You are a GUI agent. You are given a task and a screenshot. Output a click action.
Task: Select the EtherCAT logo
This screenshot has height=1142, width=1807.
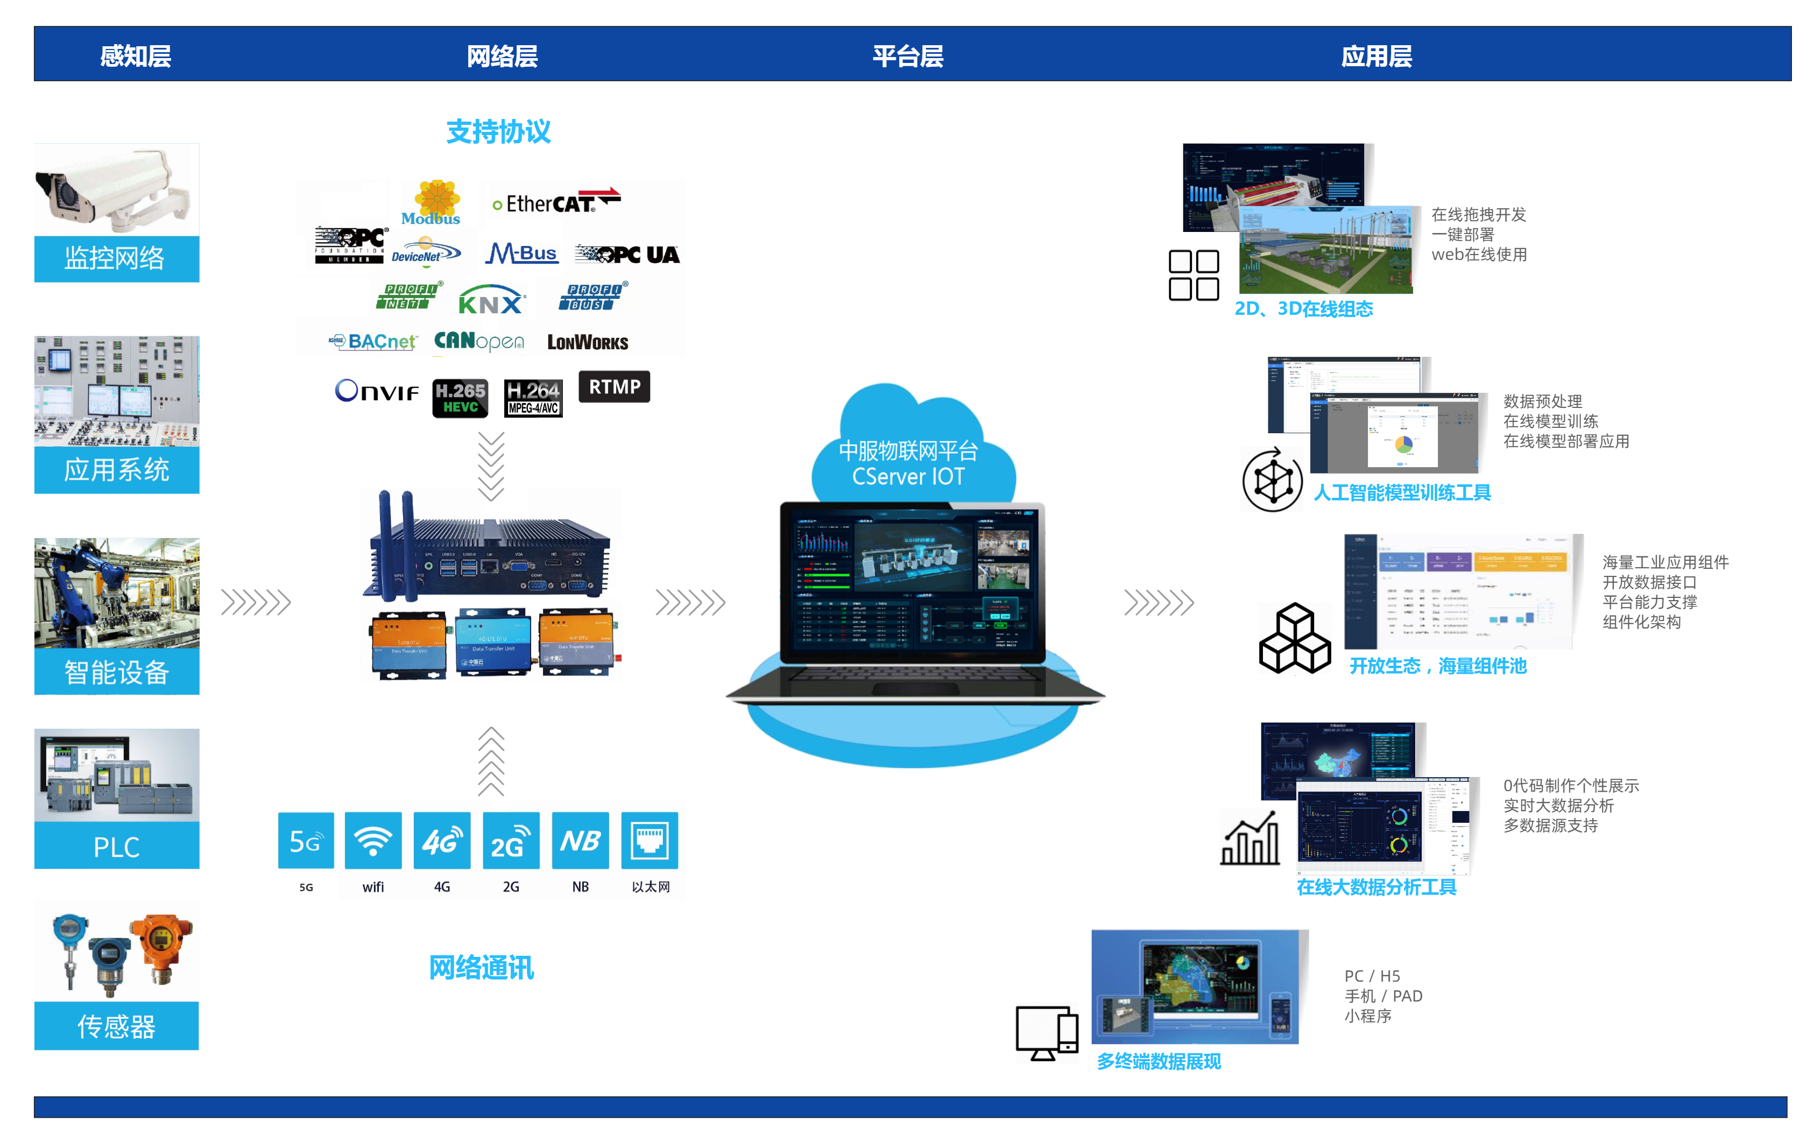tap(556, 202)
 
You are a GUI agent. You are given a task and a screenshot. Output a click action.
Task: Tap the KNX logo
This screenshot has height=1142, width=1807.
tap(491, 300)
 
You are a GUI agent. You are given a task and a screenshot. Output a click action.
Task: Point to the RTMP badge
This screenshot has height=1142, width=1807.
tap(614, 386)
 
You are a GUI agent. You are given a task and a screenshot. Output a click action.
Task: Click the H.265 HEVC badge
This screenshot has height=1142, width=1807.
tap(460, 398)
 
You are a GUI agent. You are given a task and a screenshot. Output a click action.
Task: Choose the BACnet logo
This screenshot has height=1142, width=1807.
tap(373, 342)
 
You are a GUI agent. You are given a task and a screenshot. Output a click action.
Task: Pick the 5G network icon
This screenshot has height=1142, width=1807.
tap(306, 841)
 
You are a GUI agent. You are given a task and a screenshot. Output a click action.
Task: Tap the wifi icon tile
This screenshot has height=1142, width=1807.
tap(373, 841)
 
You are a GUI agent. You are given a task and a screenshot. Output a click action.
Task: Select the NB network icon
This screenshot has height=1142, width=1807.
tap(580, 841)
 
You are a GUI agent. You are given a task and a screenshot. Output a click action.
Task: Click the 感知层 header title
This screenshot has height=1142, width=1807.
tap(136, 55)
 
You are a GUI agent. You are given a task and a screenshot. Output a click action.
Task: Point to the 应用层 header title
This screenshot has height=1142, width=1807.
tap(1377, 55)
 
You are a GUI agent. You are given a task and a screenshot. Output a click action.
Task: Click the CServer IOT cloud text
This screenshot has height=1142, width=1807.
tap(908, 476)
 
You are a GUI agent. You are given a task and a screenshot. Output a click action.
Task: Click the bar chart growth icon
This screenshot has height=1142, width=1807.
tap(1250, 839)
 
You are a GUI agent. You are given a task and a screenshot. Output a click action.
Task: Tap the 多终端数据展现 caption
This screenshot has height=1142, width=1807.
tap(1159, 1060)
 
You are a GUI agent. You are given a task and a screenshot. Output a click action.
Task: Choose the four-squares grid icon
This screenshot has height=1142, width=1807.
tap(1193, 276)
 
